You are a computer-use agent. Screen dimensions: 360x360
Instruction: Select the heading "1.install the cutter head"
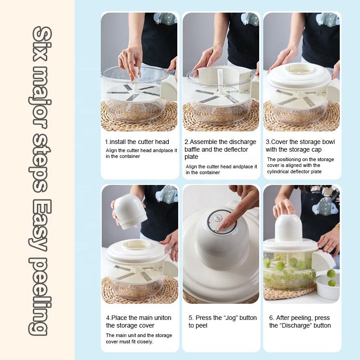(x=137, y=142)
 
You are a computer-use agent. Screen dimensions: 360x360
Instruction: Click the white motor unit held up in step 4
(x=130, y=210)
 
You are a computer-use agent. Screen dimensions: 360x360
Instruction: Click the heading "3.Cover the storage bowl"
(x=300, y=142)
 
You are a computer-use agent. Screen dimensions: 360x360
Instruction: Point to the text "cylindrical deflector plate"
(x=294, y=171)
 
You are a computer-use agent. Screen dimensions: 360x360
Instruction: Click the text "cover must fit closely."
(x=130, y=342)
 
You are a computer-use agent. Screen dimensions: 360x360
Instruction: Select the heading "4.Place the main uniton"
(x=139, y=318)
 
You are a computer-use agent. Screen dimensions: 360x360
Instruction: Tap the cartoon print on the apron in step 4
(x=166, y=194)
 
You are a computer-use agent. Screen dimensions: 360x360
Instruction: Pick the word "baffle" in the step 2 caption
(x=194, y=149)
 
